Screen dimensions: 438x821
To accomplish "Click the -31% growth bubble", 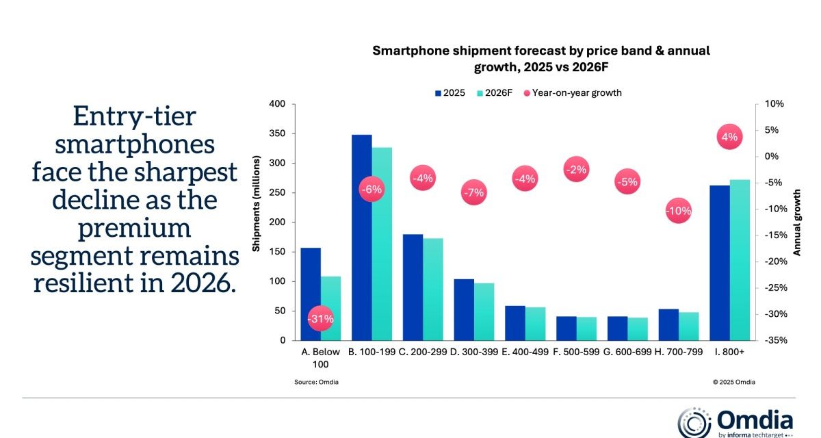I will click(x=320, y=319).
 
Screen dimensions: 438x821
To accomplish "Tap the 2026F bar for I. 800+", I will click(x=740, y=260).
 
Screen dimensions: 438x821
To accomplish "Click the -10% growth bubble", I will click(x=679, y=211).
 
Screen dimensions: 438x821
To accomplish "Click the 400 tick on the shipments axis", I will click(x=276, y=104).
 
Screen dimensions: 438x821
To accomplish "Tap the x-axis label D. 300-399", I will click(x=473, y=352).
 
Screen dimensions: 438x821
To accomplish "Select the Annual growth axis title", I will click(x=797, y=222).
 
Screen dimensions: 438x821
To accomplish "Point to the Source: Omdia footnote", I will click(x=316, y=382).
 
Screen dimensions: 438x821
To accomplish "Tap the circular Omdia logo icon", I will click(x=693, y=421).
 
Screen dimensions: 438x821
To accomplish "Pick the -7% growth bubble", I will click(x=473, y=193).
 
